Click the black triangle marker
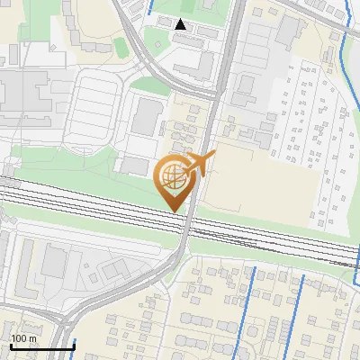(x=181, y=25)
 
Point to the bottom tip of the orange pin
(x=173, y=211)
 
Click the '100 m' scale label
(x=22, y=338)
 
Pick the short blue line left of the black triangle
(x=148, y=11)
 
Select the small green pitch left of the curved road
(x=120, y=48)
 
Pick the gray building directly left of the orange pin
(x=135, y=165)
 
